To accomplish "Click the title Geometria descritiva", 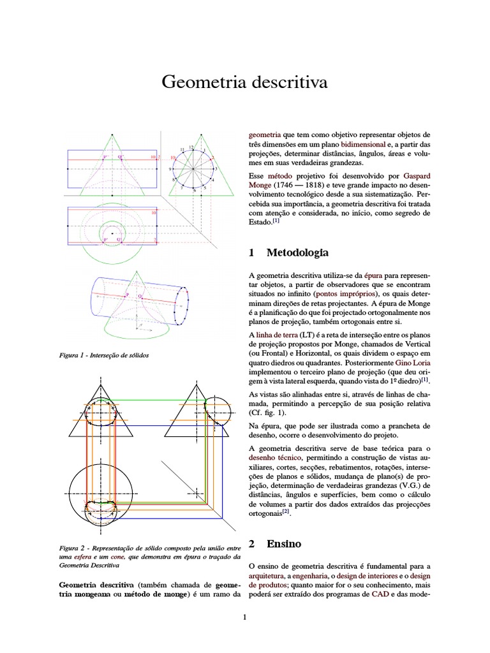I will coord(244,82).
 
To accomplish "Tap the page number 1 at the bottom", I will coord(244,617).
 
